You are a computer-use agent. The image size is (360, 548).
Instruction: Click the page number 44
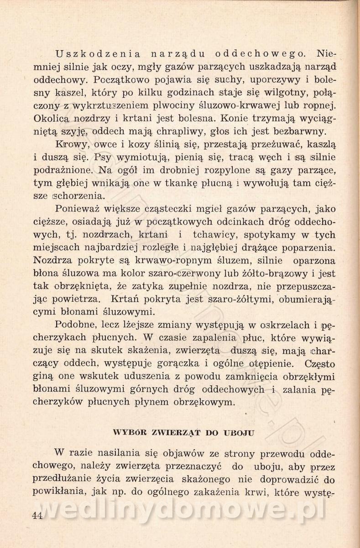pyautogui.click(x=37, y=516)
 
